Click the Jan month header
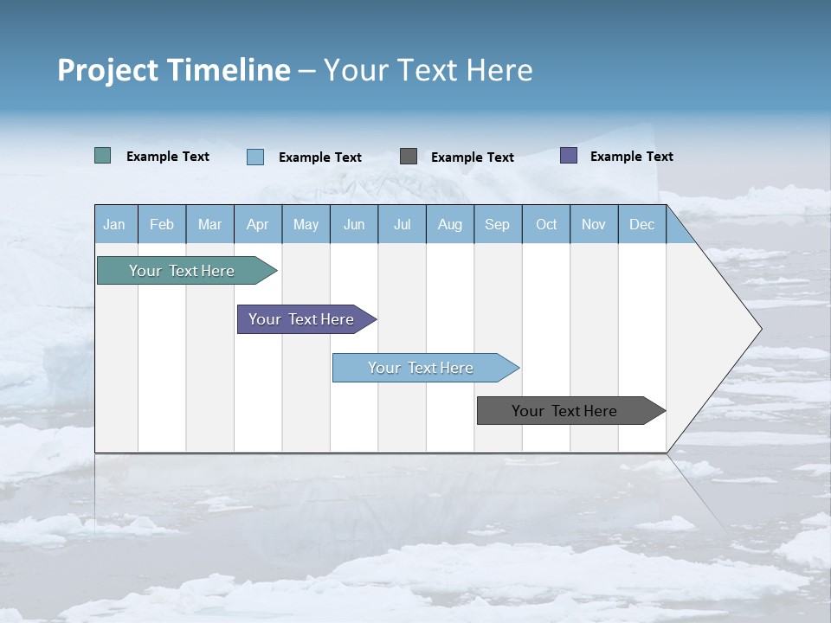115,224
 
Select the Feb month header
162,224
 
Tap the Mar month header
209,224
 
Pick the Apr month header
258,224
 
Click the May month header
306,224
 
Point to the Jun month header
354,224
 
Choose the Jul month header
402,224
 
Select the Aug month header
450,224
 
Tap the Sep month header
498,224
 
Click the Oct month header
546,224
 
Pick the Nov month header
594,224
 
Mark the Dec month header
642,224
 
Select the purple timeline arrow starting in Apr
302,319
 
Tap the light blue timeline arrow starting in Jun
422,368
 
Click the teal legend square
103,156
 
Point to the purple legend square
569,156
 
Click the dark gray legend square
409,157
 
